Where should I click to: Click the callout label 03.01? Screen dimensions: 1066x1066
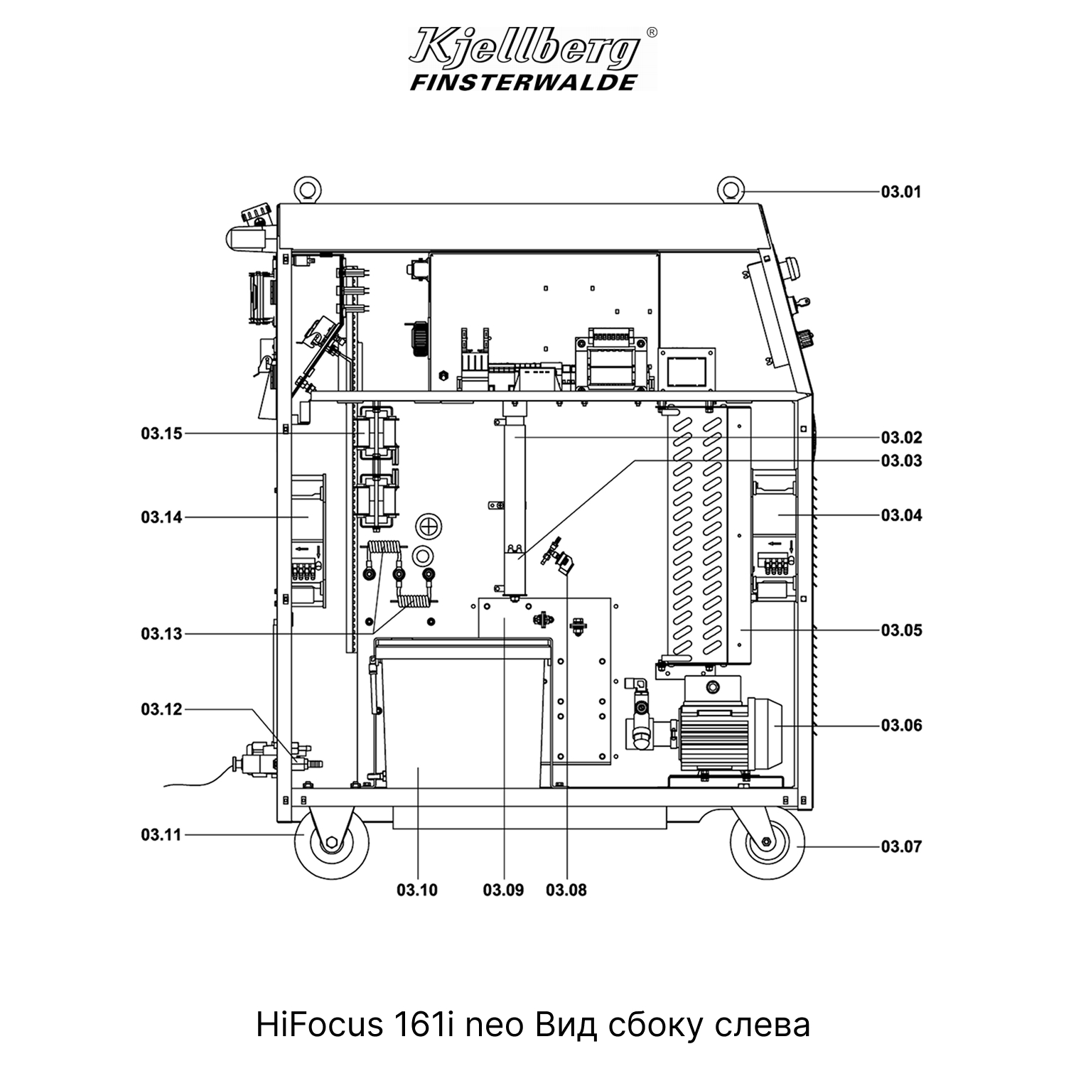[x=901, y=192]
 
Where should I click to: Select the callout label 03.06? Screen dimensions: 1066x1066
[x=901, y=726]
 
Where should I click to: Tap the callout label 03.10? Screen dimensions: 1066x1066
[x=417, y=890]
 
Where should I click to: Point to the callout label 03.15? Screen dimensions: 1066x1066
[x=161, y=434]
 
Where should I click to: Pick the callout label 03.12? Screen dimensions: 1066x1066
[x=161, y=709]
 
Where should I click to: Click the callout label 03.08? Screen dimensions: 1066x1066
[x=566, y=890]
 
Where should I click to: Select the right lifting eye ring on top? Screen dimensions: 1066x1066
[x=730, y=189]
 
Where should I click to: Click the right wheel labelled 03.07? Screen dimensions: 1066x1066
[x=768, y=843]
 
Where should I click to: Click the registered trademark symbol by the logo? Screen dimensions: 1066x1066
[x=652, y=32]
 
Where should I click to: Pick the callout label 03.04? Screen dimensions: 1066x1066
[x=901, y=515]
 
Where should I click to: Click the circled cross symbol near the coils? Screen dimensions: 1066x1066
[x=428, y=527]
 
